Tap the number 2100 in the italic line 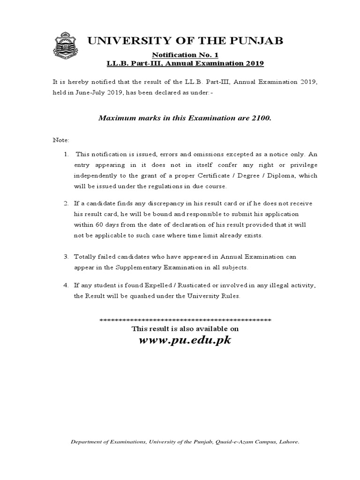(261, 118)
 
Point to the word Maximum (115, 118)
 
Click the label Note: (60, 140)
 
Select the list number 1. (66, 154)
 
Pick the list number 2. (66, 203)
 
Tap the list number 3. (66, 257)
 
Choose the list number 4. (66, 285)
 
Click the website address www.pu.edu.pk (185, 340)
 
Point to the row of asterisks (185, 320)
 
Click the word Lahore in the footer (289, 442)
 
